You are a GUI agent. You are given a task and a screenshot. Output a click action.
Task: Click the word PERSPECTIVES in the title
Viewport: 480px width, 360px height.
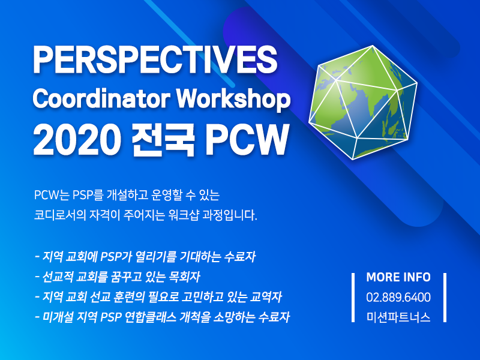(155, 59)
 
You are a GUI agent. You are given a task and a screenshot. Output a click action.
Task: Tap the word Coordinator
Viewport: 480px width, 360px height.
(101, 98)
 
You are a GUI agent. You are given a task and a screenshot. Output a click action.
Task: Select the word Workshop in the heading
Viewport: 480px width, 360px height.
(233, 99)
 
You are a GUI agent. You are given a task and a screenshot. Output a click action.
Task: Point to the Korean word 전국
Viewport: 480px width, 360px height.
(163, 140)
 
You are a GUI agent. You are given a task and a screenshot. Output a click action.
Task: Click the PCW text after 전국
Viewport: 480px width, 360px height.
(247, 140)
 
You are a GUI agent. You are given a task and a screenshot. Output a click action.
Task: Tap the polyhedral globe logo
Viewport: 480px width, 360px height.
(363, 103)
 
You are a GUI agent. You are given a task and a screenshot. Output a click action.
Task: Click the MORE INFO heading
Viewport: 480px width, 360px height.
(398, 277)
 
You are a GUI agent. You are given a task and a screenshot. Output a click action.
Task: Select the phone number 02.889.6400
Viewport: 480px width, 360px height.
(398, 297)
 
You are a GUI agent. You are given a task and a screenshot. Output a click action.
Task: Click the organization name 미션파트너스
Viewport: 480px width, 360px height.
(398, 317)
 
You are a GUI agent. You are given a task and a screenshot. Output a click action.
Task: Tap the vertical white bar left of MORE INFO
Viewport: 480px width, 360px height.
(353, 297)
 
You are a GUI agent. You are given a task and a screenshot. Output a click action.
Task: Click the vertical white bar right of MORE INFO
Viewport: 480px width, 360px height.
(445, 297)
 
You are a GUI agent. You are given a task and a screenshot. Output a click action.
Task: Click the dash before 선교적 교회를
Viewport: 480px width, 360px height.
(37, 277)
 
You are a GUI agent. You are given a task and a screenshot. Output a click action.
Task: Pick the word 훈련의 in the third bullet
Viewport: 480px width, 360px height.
(128, 297)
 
